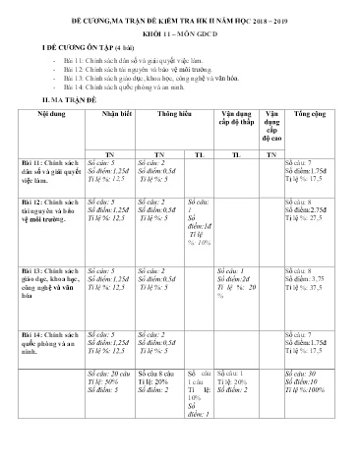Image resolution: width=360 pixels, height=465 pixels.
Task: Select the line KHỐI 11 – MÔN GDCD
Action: [180, 31]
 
